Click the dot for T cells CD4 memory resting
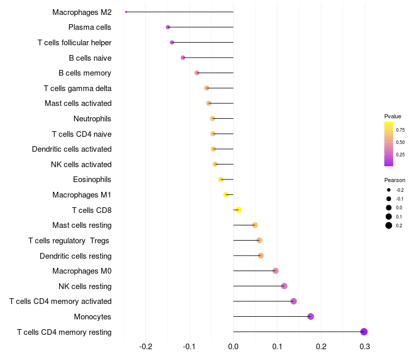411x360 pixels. [x=364, y=332]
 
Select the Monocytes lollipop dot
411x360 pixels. [x=311, y=316]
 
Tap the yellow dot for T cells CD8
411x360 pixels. [x=238, y=210]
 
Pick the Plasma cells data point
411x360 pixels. [x=168, y=27]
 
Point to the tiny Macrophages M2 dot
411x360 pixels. [x=126, y=12]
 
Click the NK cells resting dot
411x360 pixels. [x=284, y=286]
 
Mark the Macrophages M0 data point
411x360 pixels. [x=275, y=271]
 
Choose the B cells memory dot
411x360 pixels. [x=197, y=73]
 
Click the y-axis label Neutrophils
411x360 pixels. [x=92, y=119]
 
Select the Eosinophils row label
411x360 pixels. [x=92, y=179]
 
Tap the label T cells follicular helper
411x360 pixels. [x=74, y=43]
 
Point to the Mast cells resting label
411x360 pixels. [x=82, y=225]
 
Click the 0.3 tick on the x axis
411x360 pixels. [x=365, y=346]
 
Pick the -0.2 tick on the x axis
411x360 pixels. [x=146, y=346]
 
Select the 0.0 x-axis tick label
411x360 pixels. [x=234, y=346]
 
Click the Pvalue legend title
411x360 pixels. [x=393, y=116]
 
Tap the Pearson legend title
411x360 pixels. [x=395, y=180]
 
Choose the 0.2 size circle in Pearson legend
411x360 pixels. [x=389, y=225]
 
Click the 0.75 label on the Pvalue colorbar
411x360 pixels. [x=401, y=130]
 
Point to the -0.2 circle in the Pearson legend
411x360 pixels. [x=389, y=190]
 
